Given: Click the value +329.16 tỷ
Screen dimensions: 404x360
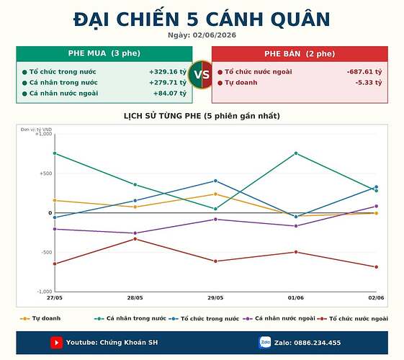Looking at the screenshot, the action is tap(168, 72).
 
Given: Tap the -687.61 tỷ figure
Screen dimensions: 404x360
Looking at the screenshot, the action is tap(364, 72).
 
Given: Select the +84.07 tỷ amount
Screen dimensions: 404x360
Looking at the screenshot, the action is tap(170, 93).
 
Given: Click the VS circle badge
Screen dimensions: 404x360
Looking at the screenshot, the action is tap(202, 75).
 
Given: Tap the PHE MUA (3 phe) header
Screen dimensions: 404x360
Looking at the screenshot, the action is tap(104, 53).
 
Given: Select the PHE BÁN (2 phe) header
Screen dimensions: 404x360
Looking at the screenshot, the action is tap(300, 54).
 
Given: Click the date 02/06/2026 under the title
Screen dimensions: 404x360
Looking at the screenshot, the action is tap(215, 35).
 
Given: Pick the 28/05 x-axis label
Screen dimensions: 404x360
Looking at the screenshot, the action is tap(135, 297).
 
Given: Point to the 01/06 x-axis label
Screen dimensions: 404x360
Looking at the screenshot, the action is tap(296, 297).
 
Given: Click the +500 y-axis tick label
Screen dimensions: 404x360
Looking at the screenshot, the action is tap(46, 174).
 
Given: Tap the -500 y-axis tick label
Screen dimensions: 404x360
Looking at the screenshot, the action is tap(46, 253).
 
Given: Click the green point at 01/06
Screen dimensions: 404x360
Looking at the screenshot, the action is tap(296, 153).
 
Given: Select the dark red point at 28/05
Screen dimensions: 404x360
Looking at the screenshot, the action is tap(135, 239).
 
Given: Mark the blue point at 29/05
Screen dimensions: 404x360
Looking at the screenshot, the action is tap(215, 181).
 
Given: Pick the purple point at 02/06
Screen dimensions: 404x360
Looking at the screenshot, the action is tap(377, 206).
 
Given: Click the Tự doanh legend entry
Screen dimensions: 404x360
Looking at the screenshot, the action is tap(40, 318).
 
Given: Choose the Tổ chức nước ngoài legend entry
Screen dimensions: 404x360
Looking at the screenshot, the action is tap(352, 318).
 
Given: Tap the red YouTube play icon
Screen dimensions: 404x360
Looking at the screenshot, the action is tap(56, 343).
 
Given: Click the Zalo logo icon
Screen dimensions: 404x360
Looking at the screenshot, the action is tap(265, 343).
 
